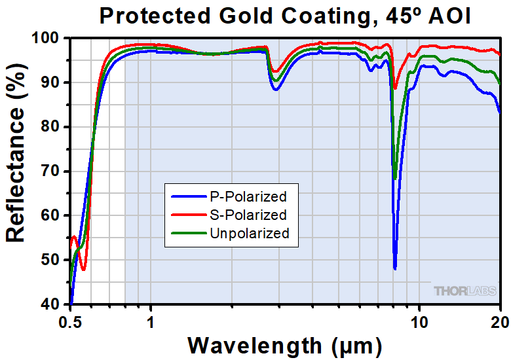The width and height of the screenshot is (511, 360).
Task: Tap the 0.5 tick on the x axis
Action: pos(71,321)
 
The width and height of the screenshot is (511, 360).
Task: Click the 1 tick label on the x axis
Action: pos(151,321)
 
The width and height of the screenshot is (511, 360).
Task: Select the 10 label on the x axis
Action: pos(419,321)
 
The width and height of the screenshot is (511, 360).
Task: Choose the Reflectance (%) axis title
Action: pos(16,172)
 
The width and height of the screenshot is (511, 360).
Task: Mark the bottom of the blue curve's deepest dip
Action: pos(395,268)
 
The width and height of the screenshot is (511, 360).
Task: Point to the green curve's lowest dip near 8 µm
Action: pos(395,178)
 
